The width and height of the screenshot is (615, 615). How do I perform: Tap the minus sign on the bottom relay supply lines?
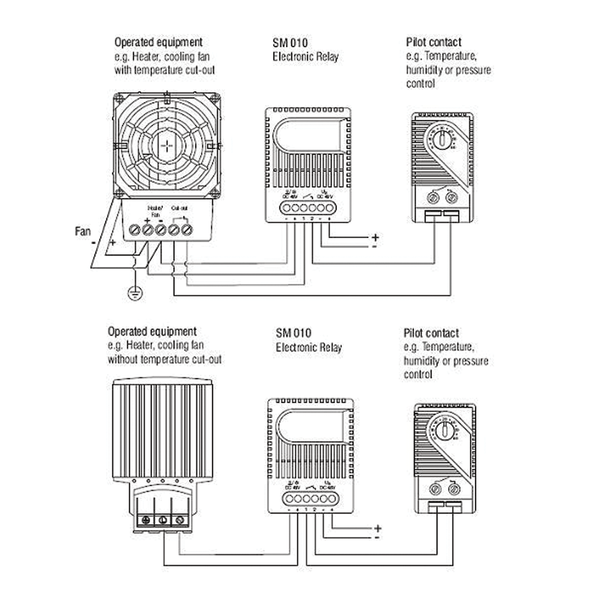tap(376, 537)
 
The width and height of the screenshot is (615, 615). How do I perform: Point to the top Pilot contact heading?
tap(434, 42)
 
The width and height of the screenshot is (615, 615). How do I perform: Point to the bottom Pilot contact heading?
tap(431, 333)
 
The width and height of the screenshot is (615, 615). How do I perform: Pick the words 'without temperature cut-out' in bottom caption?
tap(164, 360)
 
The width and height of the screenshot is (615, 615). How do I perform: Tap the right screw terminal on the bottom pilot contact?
tap(454, 490)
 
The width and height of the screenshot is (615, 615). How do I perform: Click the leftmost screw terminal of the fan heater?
tap(135, 231)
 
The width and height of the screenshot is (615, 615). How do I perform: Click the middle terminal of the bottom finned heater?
tap(163, 520)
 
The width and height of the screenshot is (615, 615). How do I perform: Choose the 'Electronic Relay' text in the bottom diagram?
tap(308, 347)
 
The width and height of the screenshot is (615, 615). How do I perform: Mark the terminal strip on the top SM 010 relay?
tap(308, 208)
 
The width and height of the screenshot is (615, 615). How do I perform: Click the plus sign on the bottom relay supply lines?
tap(378, 528)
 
